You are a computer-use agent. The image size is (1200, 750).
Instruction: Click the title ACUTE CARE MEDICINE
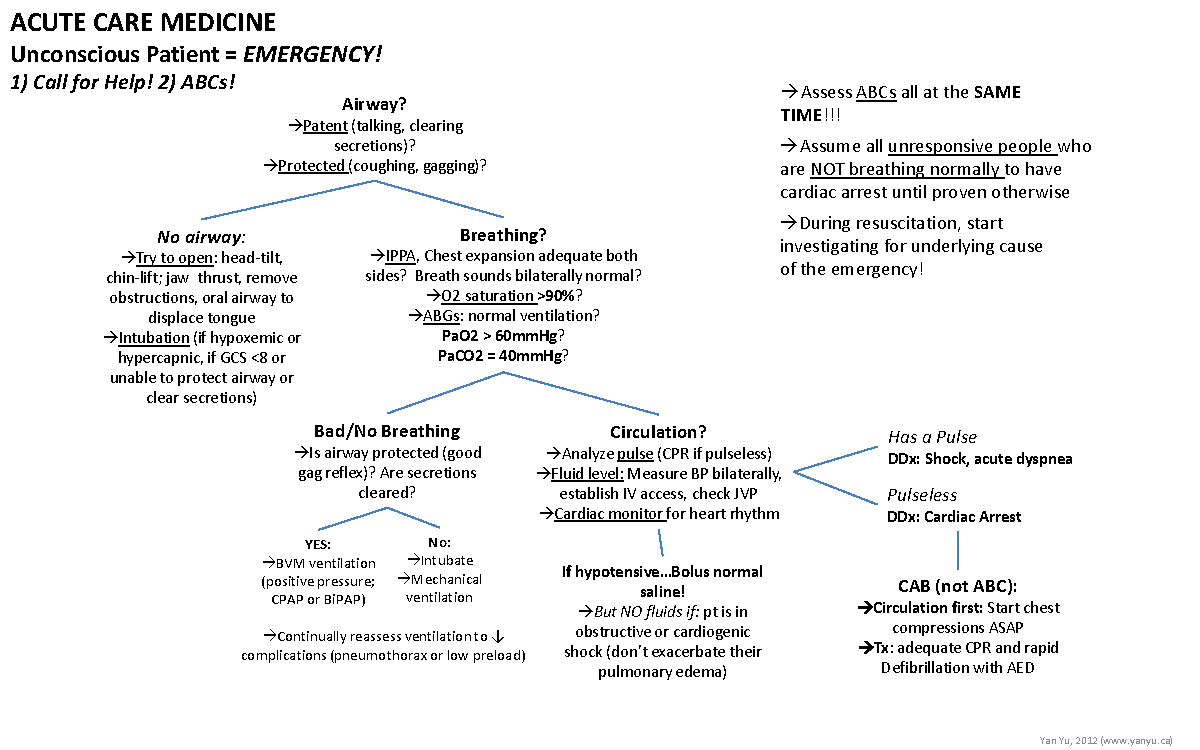pos(143,22)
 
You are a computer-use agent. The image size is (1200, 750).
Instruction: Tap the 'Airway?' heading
pos(374,104)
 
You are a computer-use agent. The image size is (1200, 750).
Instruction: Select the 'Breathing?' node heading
pos(503,235)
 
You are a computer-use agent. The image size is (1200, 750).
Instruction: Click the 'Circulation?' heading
pos(658,432)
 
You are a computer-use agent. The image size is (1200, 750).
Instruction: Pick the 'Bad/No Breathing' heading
pos(387,431)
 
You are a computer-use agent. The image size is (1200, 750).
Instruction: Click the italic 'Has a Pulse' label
pos(932,437)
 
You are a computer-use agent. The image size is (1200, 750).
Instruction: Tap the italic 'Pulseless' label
pos(922,495)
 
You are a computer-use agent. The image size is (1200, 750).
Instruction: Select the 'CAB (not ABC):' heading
pos(958,586)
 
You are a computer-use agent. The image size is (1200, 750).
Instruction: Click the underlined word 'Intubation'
pos(154,338)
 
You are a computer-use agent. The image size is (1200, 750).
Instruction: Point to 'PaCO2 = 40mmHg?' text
pos(503,355)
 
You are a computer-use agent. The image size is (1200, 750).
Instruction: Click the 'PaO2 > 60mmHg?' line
pos(503,335)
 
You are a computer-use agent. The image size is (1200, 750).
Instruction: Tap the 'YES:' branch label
pos(317,544)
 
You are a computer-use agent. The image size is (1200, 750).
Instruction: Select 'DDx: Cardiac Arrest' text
pos(954,517)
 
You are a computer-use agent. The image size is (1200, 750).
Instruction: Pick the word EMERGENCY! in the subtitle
pos(313,53)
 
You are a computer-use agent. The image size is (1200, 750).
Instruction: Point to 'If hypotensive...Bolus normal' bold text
pos(662,572)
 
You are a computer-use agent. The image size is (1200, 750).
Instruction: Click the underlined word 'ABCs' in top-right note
pos(876,92)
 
